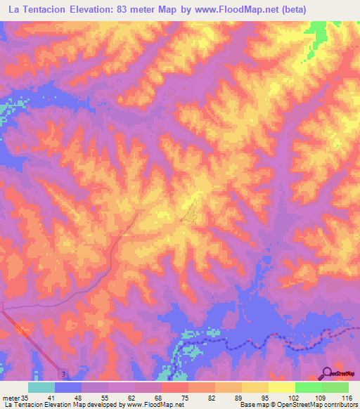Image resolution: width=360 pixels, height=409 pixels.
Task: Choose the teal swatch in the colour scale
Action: click(41, 387)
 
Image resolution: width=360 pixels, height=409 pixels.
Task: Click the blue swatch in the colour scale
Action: click(68, 387)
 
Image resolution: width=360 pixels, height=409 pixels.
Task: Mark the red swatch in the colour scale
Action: click(174, 387)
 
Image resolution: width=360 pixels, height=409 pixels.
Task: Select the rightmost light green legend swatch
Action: click(335, 387)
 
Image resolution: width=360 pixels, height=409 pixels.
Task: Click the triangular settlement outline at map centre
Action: click(190, 211)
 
